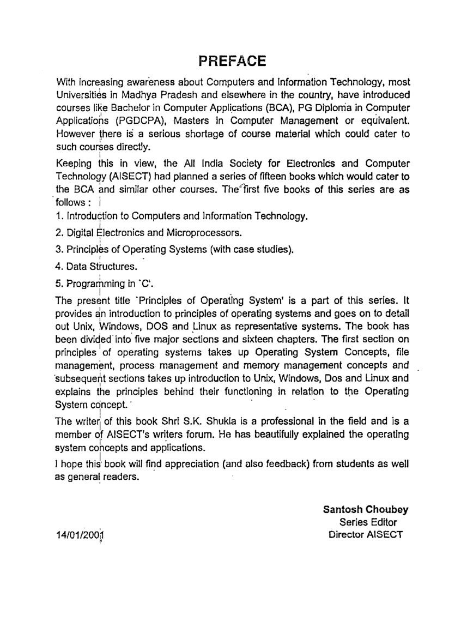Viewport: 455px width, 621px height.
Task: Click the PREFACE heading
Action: (x=232, y=60)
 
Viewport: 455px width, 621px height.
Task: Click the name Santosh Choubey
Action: (x=366, y=510)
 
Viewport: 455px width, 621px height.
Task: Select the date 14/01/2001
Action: (x=80, y=535)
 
